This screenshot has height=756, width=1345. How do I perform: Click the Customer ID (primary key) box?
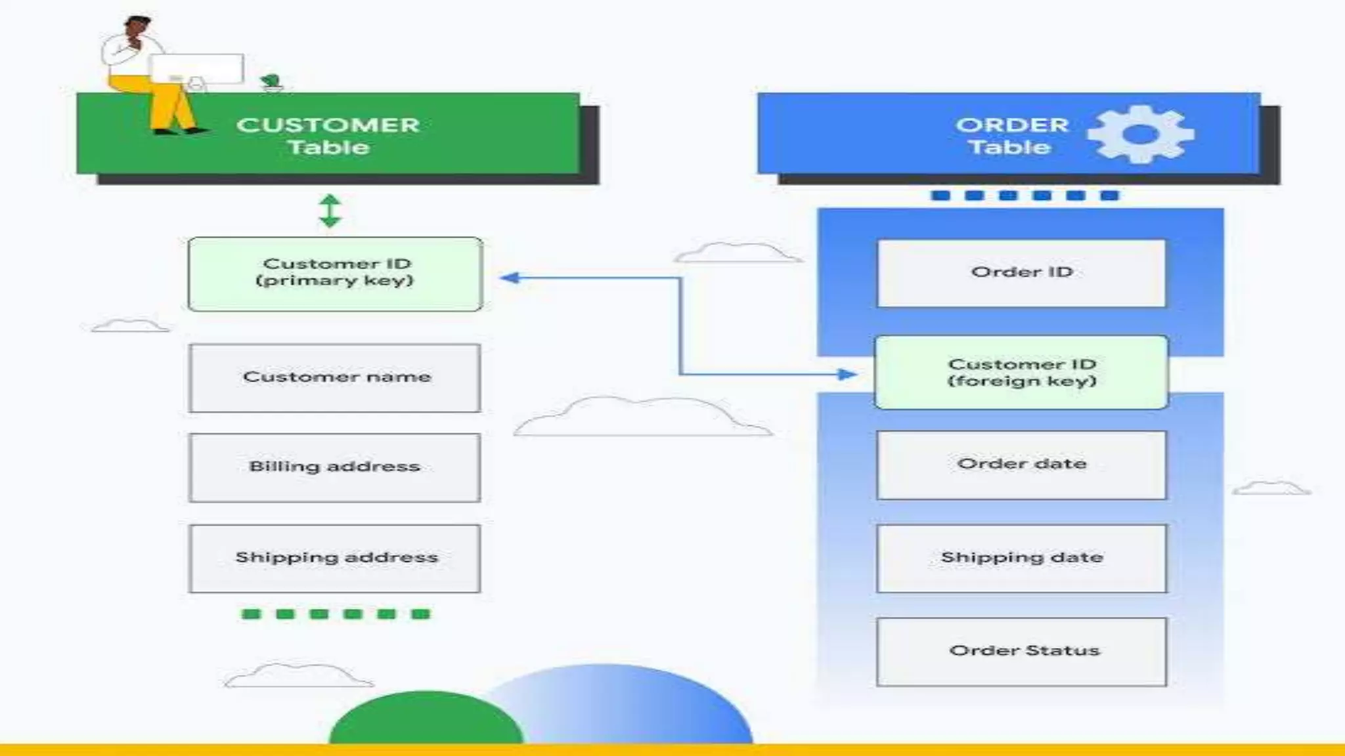tap(335, 274)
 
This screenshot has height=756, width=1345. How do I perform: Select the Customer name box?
tap(335, 378)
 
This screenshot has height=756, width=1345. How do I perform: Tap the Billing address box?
tap(335, 467)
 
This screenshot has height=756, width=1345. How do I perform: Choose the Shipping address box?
tap(335, 558)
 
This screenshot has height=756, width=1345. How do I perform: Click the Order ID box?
tap(1021, 272)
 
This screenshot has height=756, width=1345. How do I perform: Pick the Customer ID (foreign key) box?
tap(1021, 372)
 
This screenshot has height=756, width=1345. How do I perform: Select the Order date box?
tap(1021, 465)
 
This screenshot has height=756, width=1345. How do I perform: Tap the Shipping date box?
tap(1021, 558)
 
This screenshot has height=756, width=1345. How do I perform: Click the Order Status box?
tap(1021, 651)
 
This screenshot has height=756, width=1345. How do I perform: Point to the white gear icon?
tap(1141, 135)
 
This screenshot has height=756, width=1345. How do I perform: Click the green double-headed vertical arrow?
tap(330, 211)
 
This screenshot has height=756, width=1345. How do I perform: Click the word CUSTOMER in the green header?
tap(328, 125)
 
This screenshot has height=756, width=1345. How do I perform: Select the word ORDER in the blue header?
tap(1012, 125)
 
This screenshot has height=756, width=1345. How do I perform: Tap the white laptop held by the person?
tap(197, 68)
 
